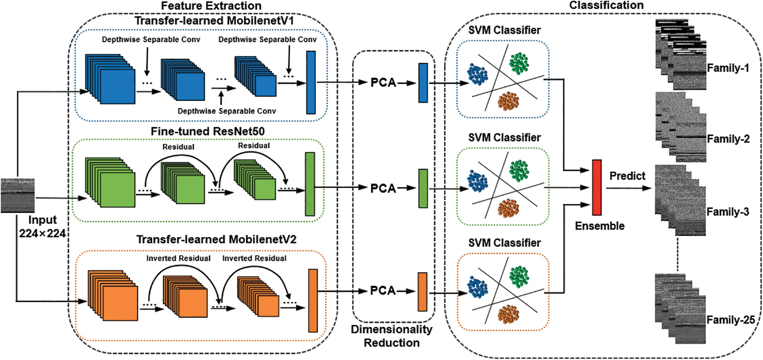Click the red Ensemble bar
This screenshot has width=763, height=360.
pos(597,187)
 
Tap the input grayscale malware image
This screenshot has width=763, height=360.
pos(17,195)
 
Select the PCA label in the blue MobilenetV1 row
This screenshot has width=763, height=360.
pos(383,83)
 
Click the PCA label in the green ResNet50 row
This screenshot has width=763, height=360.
pos(383,188)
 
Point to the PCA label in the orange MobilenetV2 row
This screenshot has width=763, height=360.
pos(383,291)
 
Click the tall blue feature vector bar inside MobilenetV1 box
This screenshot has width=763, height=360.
pos(311,82)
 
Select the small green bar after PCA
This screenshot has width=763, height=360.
pos(423,188)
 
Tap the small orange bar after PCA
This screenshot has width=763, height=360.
pos(423,292)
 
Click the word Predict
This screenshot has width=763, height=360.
pos(627,176)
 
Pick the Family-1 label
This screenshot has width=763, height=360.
pos(728,68)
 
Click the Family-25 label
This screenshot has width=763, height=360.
pos(731,320)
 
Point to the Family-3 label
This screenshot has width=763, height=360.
pos(728,212)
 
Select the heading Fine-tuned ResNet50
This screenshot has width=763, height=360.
pos(208,131)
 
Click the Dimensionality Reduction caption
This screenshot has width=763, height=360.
pos(391,336)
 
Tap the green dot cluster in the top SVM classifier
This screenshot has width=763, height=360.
pos(519,63)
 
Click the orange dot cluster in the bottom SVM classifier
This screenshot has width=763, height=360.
pos(508,315)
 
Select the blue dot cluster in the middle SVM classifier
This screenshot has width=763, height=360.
pos(478,181)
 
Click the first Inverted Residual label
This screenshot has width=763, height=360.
pos(178,258)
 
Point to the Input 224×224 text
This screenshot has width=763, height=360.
pos(42,227)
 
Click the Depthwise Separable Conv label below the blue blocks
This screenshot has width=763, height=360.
pos(227,111)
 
